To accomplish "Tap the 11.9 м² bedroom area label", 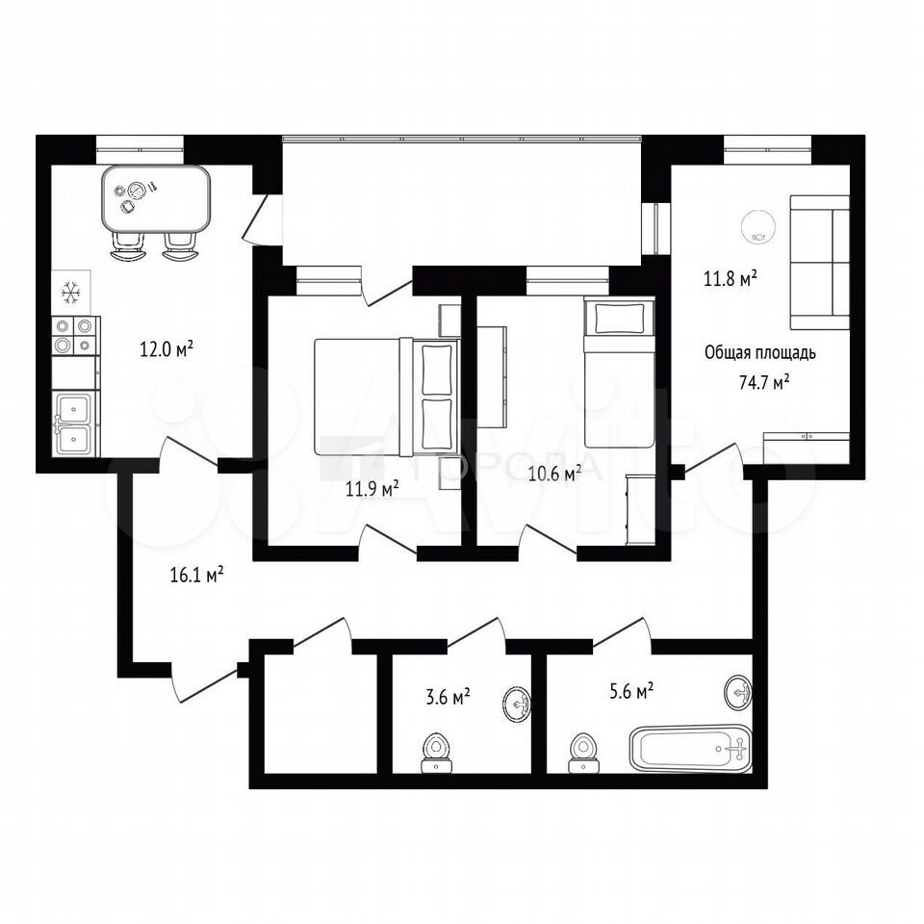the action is coord(372,488).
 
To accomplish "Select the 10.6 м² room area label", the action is coord(554,473).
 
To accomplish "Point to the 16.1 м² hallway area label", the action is coord(196,574).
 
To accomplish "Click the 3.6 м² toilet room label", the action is coord(448,697).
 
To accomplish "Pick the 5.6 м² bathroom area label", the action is coord(631,690).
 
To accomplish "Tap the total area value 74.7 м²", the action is coord(763,382).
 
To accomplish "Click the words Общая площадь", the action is coord(760,352).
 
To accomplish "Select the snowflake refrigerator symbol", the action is coord(70,293).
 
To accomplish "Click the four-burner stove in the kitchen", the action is coord(75,335).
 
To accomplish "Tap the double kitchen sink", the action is coord(74,423).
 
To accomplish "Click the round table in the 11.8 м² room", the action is coord(757,226).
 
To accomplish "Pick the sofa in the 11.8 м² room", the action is coord(819,263).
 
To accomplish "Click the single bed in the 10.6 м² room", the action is coord(619,372).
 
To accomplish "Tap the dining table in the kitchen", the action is coord(156,198).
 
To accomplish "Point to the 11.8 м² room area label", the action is coord(731,277).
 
